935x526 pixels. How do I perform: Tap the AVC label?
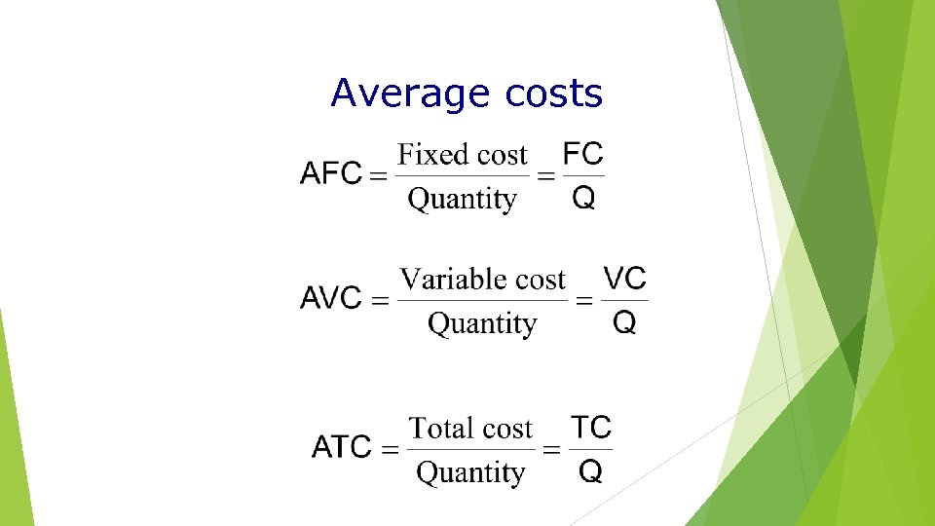tap(331, 299)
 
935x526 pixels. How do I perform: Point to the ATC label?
tap(341, 449)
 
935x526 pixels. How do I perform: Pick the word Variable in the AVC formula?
tap(455, 280)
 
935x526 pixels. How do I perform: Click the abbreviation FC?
tap(583, 154)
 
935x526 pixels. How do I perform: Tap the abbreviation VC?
tap(624, 279)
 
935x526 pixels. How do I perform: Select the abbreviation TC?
tap(590, 428)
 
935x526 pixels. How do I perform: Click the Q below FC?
tap(583, 199)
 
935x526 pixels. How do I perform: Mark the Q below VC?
tap(624, 323)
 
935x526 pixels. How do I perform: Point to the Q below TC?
tap(590, 472)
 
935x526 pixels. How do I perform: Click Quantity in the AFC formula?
tap(462, 200)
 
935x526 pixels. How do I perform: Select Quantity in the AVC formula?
tap(482, 323)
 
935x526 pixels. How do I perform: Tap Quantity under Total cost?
tap(470, 473)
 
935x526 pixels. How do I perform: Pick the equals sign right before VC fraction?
tap(584, 301)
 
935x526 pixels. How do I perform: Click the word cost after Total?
tap(507, 429)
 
